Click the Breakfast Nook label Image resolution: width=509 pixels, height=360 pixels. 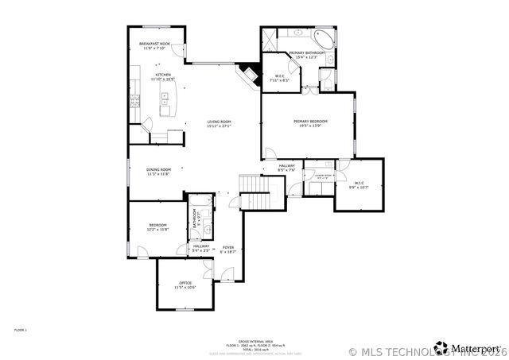pos(155,44)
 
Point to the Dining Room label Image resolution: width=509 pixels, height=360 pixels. pos(159,169)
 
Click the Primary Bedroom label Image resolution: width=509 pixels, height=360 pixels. pos(311,122)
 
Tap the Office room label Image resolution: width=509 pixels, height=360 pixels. pos(185,283)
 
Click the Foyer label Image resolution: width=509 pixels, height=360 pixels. pos(228,247)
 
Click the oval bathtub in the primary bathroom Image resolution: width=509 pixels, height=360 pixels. pos(325,37)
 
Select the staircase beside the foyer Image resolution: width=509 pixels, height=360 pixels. pos(261,192)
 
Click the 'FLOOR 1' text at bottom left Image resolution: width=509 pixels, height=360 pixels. pos(21,329)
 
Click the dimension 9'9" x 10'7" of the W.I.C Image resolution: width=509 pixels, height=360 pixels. pos(359,188)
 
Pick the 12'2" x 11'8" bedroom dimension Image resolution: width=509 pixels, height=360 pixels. pos(157,230)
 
